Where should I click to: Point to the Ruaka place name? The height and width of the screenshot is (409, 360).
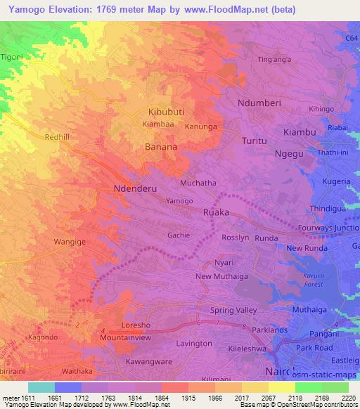point(217,212)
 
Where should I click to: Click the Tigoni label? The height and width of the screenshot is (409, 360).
point(12,56)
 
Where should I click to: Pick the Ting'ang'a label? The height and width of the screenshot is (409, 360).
point(274,60)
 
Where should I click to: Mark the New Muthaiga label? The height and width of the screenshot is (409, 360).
point(224,276)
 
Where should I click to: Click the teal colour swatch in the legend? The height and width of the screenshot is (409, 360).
point(41,387)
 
